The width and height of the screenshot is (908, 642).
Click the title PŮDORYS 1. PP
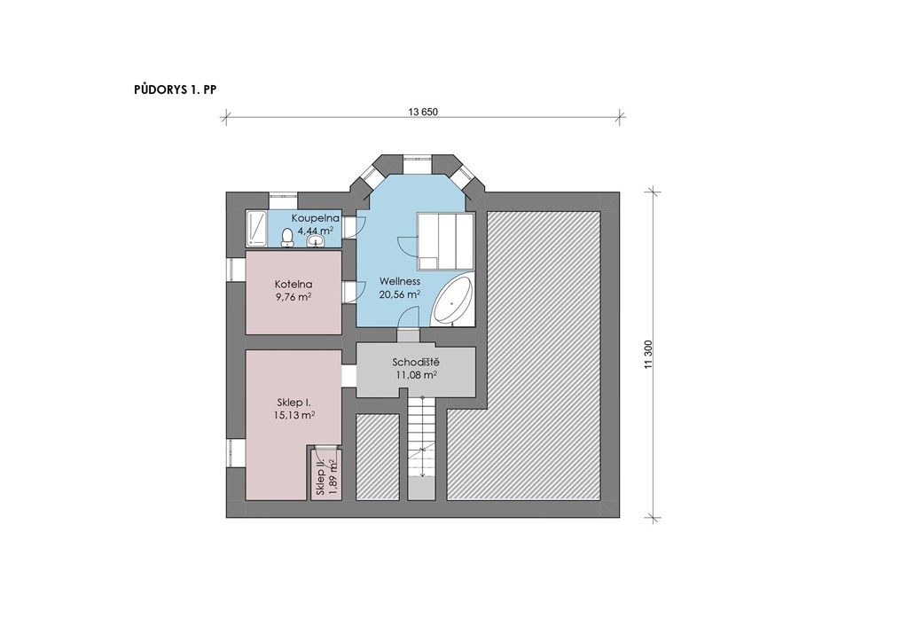pos(175,90)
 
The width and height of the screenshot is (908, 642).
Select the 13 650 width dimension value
pos(423,113)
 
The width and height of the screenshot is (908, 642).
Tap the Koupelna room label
pos(315,218)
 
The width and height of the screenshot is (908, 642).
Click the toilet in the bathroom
pos(286,238)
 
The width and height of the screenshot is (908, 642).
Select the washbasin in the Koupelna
pos(316,239)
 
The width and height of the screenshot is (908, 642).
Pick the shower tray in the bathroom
pos(256,228)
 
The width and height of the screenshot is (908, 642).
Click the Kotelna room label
pos(294,285)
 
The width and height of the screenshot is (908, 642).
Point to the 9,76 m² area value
pos(294,297)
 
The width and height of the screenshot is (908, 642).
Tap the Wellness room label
pos(400,281)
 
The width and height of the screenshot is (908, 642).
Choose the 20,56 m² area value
pos(400,294)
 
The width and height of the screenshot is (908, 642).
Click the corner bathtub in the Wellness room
pos(453,301)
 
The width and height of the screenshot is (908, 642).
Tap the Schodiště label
pos(416,363)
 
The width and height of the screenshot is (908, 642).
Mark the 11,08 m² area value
pos(416,375)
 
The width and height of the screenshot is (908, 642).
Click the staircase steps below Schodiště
pos(422,448)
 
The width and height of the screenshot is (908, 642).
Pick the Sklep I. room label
pos(294,403)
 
